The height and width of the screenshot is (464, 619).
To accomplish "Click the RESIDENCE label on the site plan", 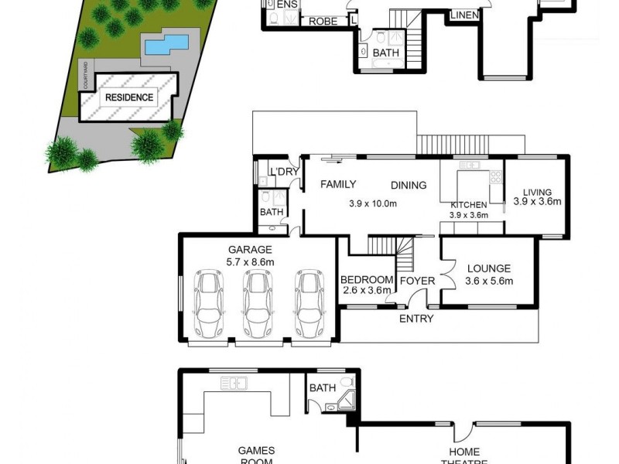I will coord(129,98).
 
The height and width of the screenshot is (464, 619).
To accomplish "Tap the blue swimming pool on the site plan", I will coord(165,46).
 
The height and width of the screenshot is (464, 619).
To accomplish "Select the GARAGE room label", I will coord(249,250).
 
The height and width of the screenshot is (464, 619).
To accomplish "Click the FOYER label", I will coord(417,281).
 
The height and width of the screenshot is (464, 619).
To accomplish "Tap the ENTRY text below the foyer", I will coord(416,319).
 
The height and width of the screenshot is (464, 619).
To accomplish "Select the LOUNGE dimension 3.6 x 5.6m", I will coord(490,281).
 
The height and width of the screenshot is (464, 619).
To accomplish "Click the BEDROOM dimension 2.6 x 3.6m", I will coord(368,291).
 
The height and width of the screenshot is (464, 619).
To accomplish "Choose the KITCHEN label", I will coord(470,205).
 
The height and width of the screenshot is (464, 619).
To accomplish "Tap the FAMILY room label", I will coord(338,184).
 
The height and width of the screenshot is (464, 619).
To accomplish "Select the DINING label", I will coord(409,185).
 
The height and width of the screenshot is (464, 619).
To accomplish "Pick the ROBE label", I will coord(323,22).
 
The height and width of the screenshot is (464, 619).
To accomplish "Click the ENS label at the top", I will coord(287,5).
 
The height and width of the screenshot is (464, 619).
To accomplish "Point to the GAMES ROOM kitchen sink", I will coord(233,382).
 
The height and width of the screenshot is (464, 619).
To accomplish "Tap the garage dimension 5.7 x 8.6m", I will coord(249,262).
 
